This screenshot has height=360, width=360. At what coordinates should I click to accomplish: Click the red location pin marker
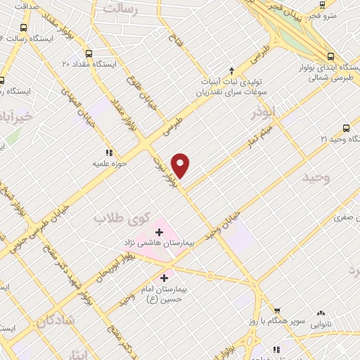[x=181, y=165]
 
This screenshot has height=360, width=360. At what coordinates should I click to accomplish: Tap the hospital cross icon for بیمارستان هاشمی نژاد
[x=159, y=231]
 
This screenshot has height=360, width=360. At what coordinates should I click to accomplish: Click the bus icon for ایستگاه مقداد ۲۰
[x=88, y=53]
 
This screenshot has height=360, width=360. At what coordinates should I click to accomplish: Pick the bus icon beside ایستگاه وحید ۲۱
[x=345, y=128]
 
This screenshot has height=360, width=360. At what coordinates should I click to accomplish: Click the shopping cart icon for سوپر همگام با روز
[x=277, y=310]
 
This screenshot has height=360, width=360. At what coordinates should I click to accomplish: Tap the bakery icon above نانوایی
[x=321, y=312]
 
